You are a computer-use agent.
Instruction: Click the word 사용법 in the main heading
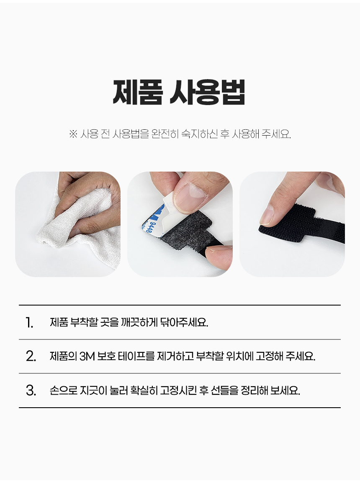(x=208, y=92)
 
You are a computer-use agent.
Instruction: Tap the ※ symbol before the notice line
(x=73, y=134)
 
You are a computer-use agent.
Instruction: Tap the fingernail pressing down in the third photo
(x=268, y=215)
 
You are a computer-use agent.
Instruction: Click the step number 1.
(x=29, y=323)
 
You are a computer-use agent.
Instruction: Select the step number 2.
(x=31, y=357)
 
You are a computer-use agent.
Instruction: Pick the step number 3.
(x=31, y=391)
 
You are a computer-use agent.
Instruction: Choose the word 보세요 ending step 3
(x=285, y=391)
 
